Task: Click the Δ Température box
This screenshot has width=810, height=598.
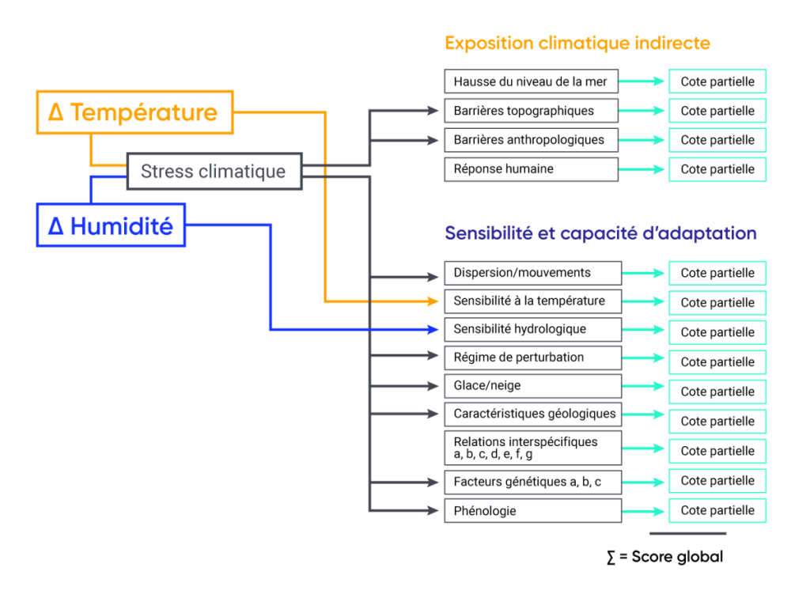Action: coord(134,112)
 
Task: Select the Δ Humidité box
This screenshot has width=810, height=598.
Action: coord(111,225)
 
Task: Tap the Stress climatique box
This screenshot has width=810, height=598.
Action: coord(214,171)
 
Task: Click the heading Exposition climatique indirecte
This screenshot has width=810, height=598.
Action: coord(577,43)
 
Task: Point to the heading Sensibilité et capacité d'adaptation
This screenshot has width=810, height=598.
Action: coord(600,233)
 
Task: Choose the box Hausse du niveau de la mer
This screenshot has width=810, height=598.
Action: coord(531,81)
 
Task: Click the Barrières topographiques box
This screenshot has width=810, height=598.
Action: coord(531,111)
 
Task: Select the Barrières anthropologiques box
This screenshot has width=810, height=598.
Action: coord(531,140)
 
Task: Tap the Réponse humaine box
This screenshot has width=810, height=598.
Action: coord(531,169)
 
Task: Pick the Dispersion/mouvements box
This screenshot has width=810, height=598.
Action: coord(532,273)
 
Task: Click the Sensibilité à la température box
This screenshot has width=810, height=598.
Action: coord(532,301)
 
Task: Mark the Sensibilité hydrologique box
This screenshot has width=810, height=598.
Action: coord(532,329)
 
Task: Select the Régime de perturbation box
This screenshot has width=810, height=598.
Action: coord(532,358)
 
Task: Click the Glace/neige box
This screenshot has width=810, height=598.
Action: coord(532,386)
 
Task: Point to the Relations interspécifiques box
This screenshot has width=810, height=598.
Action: coord(532,448)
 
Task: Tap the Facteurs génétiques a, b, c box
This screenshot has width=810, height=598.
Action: coord(532,481)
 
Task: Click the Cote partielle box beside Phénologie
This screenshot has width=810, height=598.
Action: coord(717,510)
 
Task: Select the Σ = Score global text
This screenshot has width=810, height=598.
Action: coord(664,557)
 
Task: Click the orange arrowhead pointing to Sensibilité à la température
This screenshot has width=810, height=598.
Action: coord(433,301)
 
